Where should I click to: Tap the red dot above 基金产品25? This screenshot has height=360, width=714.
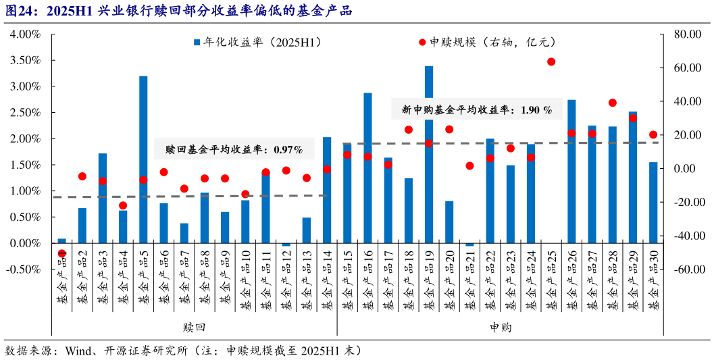(x=551, y=61)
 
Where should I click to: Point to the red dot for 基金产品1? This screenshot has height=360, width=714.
(x=62, y=253)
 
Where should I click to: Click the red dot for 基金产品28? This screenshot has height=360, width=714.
(x=612, y=103)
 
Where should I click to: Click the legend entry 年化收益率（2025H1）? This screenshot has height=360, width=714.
(x=257, y=43)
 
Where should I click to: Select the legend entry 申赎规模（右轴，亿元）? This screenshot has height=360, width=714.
(x=486, y=43)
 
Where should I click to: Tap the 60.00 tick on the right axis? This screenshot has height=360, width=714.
(x=684, y=68)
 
